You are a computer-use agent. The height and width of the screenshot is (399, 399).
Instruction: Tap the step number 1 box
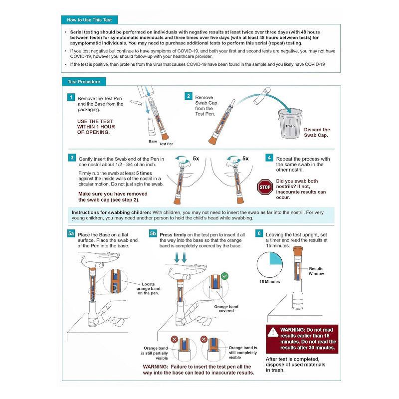click(71, 98)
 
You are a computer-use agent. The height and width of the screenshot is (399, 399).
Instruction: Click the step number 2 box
click(189, 96)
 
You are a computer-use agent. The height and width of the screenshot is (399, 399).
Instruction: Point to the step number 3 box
click(71, 158)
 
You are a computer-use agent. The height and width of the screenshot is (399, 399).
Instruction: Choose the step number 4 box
click(269, 158)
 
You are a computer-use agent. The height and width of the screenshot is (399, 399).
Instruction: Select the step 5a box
click(71, 233)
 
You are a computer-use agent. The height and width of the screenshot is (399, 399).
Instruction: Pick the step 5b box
click(153, 233)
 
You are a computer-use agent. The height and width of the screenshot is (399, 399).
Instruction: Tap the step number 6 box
click(259, 233)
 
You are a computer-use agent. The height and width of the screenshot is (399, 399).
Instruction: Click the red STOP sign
click(264, 187)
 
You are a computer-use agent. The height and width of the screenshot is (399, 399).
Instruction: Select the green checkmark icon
click(224, 275)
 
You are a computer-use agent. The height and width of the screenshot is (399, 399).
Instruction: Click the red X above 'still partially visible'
click(175, 339)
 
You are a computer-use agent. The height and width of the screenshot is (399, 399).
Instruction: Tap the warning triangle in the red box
click(272, 332)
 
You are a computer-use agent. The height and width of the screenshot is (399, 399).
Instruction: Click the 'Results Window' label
click(316, 271)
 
